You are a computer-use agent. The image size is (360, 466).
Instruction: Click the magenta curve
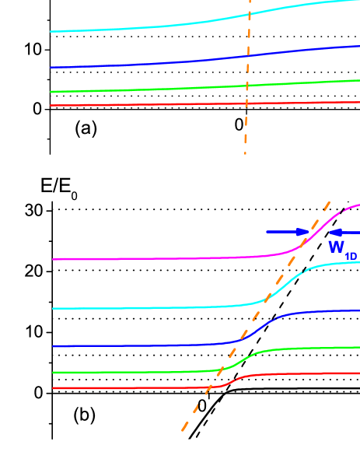point(156,258)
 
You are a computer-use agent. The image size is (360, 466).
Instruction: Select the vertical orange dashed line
point(247,117)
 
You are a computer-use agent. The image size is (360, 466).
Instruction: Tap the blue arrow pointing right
point(288,232)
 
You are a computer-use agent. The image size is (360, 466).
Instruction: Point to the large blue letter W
point(337,247)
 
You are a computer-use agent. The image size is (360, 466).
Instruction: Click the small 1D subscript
point(351,254)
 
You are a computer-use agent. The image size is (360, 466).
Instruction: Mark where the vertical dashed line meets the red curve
point(246,103)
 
